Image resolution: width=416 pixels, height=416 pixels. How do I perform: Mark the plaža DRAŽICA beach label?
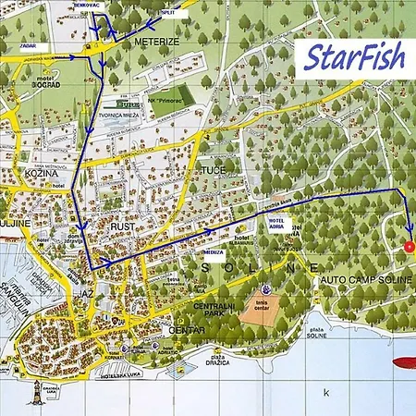pos(218,361)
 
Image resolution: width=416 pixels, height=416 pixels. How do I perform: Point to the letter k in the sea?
pos(325,392)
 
